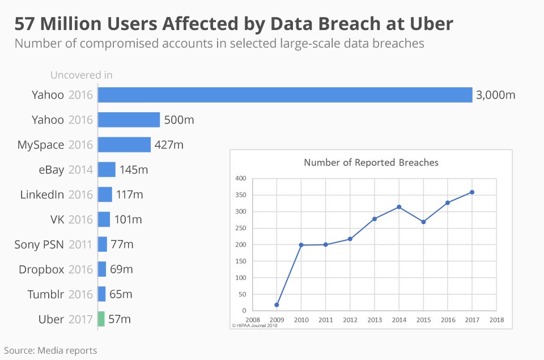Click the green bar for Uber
click(101, 319)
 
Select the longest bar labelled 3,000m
click(285, 95)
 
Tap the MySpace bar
click(124, 145)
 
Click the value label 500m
click(179, 120)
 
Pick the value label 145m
click(134, 170)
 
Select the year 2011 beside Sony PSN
click(80, 244)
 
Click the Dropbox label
click(41, 269)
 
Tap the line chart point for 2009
click(277, 305)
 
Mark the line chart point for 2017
click(472, 192)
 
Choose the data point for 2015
click(423, 222)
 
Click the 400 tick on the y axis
click(241, 179)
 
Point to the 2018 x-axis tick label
click(496, 320)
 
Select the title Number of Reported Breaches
click(371, 163)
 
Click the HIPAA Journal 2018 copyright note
click(254, 325)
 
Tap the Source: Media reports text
click(50, 350)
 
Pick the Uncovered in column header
click(81, 75)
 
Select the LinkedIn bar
click(105, 194)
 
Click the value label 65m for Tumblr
click(120, 294)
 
